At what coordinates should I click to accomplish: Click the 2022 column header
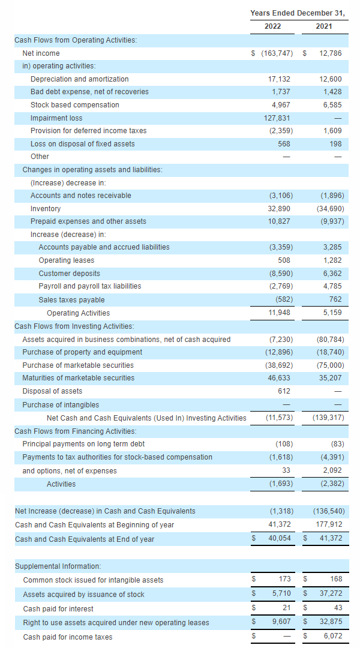click(272, 26)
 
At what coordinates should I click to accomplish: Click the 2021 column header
click(323, 26)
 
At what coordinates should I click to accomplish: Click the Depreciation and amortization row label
click(79, 79)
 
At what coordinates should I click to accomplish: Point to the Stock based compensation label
click(74, 105)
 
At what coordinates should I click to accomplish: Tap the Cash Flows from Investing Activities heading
click(74, 326)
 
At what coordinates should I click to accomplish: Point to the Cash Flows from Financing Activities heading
click(75, 431)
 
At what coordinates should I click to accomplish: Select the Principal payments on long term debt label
click(83, 444)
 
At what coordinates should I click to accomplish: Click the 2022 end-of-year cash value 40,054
click(279, 539)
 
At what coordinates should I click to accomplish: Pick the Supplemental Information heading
click(58, 566)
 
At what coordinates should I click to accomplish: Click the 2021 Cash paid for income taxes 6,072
click(332, 637)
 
